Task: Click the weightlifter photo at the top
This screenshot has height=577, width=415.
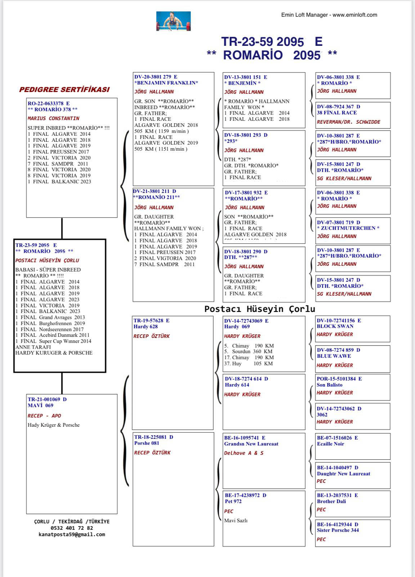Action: coord(173,21)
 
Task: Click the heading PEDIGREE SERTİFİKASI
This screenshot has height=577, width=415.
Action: coord(64,89)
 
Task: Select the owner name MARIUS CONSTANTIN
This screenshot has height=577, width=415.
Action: coord(53,118)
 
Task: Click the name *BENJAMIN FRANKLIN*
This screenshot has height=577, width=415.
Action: coord(166,83)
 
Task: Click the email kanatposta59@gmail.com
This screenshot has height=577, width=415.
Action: coord(72,534)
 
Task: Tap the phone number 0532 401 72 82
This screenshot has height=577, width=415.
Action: coord(72,528)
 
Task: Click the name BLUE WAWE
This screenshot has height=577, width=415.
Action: coord(334,356)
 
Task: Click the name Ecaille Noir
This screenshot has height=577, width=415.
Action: coord(330,444)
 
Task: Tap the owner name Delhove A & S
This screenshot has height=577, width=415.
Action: coord(244,453)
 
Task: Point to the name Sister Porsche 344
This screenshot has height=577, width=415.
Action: coord(338,530)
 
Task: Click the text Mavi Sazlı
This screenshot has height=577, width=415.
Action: coord(236,520)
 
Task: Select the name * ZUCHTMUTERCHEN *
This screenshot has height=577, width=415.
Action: coord(348,228)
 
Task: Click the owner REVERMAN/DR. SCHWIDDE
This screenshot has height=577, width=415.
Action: coord(348,122)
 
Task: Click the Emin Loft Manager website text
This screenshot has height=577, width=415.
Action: coord(329,15)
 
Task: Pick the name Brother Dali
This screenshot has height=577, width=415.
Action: coord(331,501)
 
